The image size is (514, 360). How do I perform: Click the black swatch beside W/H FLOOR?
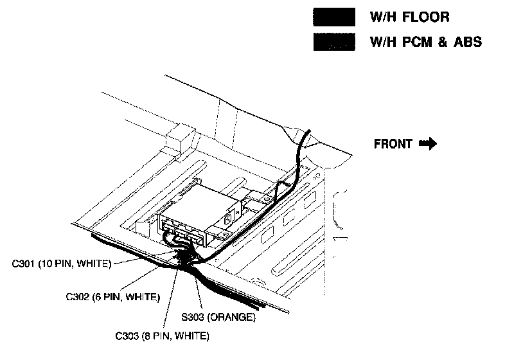333,18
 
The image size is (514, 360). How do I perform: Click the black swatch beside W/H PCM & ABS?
333,42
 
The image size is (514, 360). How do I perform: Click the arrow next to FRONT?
428,144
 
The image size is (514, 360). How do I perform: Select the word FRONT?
393,144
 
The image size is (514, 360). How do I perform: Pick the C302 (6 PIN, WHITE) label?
112,297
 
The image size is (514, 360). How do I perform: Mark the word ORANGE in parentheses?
235,318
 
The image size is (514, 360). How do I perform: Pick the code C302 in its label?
78,297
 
